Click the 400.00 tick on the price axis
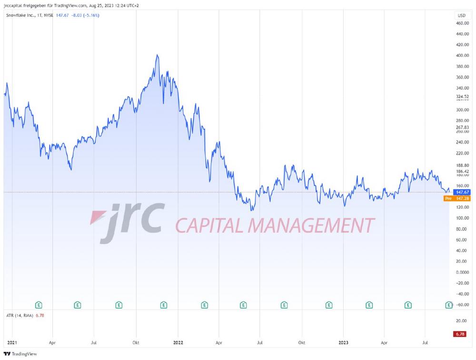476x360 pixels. pos(462,56)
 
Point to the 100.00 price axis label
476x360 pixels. pos(462,218)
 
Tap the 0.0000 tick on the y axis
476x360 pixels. pos(462,272)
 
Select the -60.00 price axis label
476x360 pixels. pos(462,305)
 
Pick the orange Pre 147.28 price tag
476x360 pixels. pos(457,198)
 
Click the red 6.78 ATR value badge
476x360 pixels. pos(460,334)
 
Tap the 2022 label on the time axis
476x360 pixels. pos(178,342)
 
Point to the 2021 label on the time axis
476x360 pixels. pos(12,342)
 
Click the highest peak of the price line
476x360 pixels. pos(157,55)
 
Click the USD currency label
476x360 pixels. pos(461,16)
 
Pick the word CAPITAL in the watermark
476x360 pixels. pos(209,225)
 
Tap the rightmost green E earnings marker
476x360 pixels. pos(448,305)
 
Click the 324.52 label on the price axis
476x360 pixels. pos(462,97)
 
